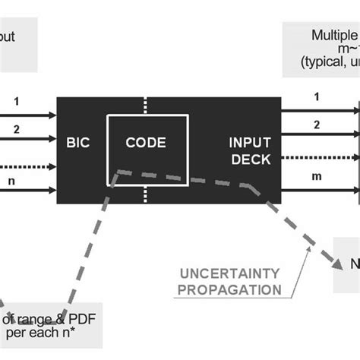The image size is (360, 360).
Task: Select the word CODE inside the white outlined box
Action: (146, 142)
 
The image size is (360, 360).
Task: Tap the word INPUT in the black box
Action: (250, 142)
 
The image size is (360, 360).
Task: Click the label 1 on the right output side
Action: (317, 97)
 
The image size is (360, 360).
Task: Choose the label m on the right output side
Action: (317, 177)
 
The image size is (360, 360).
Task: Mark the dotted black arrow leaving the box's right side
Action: (319, 158)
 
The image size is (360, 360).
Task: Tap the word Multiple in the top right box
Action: (334, 35)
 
